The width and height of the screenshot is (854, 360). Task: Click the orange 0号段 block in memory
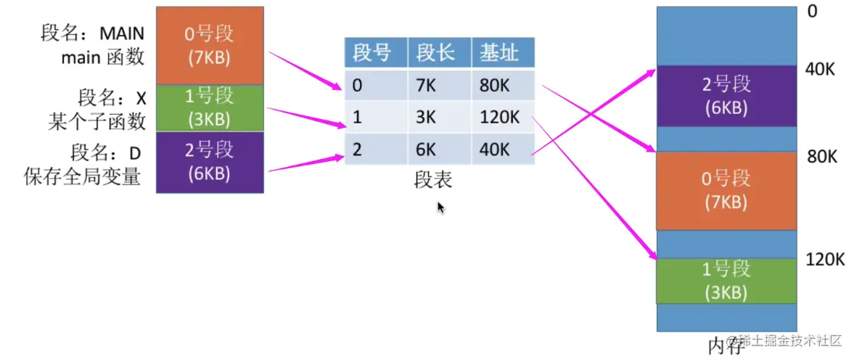click(726, 191)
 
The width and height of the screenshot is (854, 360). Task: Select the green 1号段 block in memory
click(726, 281)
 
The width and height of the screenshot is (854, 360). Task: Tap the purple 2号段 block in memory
click(726, 97)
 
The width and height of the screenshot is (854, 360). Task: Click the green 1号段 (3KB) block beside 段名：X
click(210, 108)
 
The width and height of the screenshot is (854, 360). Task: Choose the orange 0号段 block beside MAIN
click(210, 46)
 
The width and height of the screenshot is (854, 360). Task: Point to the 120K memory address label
click(824, 260)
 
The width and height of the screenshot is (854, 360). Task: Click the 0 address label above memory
click(812, 11)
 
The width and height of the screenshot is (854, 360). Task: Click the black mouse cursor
click(441, 208)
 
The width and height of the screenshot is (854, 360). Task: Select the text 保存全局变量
click(82, 176)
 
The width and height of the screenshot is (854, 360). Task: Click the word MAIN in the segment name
click(122, 34)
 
